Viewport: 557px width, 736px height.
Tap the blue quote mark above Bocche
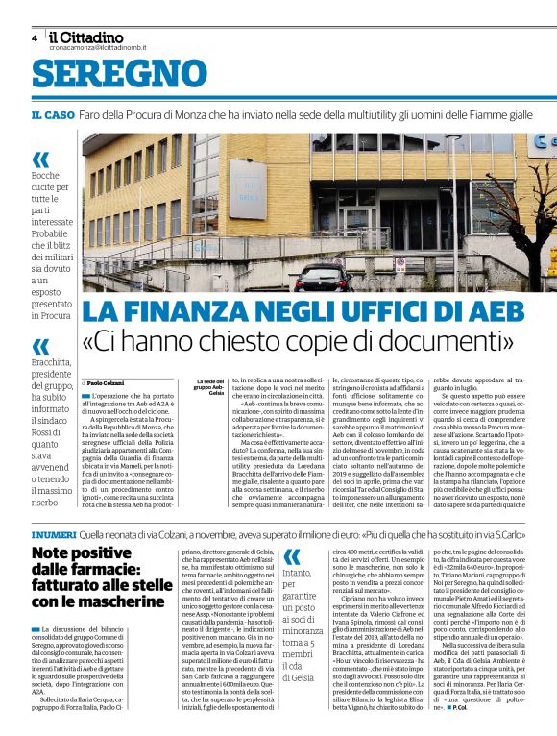[x=40, y=159]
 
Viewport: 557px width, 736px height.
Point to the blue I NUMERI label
[x=49, y=534]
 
